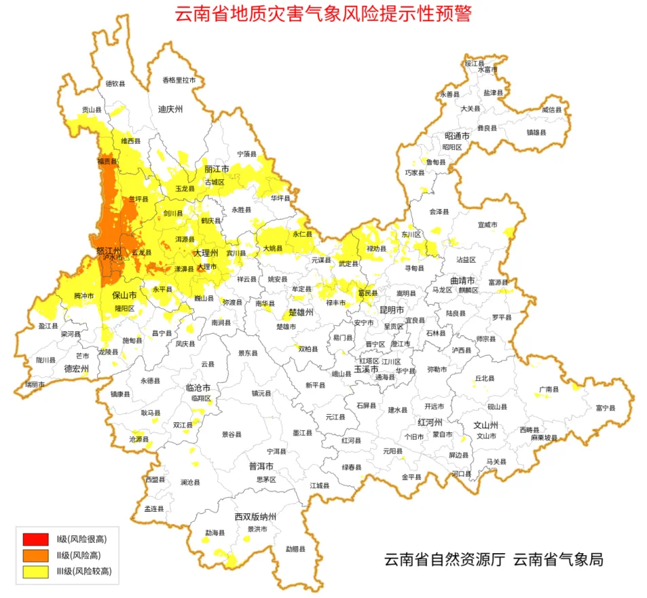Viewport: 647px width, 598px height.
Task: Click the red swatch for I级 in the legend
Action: coord(35,539)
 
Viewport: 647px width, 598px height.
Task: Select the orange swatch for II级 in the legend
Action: coord(35,555)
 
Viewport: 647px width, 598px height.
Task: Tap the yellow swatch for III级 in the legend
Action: coord(35,572)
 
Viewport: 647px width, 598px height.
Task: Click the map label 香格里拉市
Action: coord(179,80)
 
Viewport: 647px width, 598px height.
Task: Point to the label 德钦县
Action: coord(115,84)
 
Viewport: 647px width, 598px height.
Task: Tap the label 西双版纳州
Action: coord(257,517)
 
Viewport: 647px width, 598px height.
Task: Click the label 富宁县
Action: coord(605,408)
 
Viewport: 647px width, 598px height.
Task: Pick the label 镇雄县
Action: coord(536,133)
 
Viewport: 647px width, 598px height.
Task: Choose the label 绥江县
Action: coord(474,63)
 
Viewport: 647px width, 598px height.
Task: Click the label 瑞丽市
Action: coord(35,384)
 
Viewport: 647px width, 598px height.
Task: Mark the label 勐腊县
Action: coord(295,548)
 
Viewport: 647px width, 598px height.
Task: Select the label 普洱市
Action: coord(261,466)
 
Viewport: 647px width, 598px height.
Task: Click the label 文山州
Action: coord(485,425)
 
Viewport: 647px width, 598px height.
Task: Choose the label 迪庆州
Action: coord(170,109)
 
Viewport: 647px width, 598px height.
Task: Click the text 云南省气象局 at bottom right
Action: coord(558,560)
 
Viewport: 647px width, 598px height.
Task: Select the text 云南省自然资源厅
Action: coord(445,560)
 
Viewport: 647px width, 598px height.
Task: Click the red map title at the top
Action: coord(323,14)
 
